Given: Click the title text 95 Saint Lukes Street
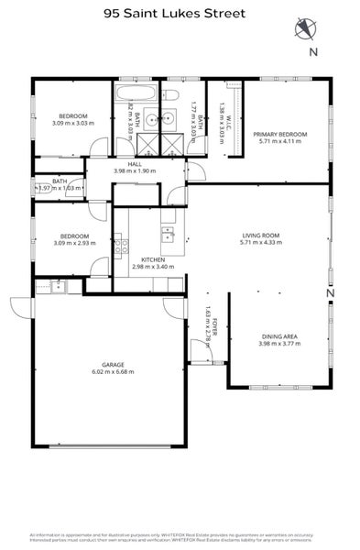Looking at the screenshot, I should pos(180,13).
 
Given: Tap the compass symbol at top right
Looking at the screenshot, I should pos(305,28).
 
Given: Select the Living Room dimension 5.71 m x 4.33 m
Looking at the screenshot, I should pos(259,244).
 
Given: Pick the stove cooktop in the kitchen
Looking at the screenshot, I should pos(118,244).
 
